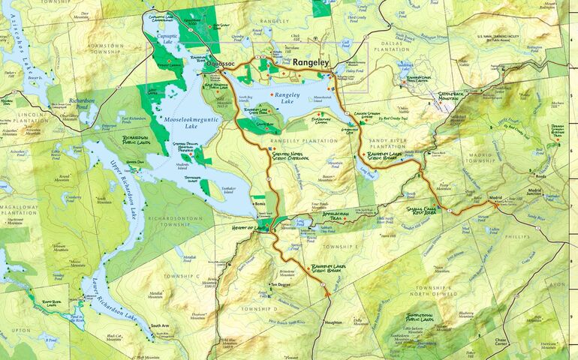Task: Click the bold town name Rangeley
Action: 311,64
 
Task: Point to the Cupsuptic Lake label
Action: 167,37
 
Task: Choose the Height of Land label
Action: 250,227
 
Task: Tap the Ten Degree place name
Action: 280,284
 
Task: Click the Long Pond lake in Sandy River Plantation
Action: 369,172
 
